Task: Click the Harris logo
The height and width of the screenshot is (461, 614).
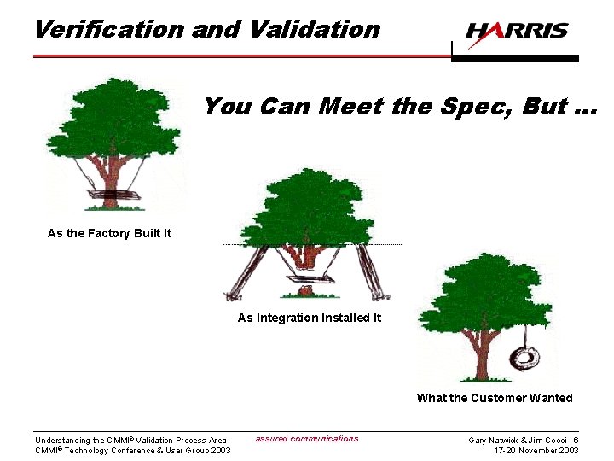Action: (517, 32)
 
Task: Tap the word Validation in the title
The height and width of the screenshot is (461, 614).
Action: (315, 29)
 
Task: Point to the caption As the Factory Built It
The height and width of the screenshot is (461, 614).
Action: (109, 233)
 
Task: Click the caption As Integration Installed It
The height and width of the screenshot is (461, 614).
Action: (309, 318)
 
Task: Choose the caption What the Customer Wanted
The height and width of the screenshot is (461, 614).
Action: (495, 398)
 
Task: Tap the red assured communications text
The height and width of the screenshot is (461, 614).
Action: (307, 439)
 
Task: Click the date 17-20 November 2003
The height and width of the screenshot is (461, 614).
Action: (536, 451)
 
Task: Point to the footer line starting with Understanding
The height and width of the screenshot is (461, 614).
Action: (130, 441)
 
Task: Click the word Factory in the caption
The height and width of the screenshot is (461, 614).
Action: (109, 233)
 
